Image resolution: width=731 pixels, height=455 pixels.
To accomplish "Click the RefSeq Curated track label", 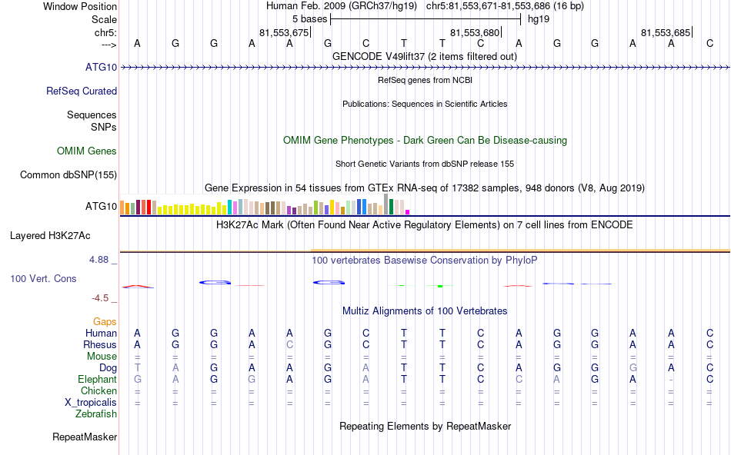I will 82,91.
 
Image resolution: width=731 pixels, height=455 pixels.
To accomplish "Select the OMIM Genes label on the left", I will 87,151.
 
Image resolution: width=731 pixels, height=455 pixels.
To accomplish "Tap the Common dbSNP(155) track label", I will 68,175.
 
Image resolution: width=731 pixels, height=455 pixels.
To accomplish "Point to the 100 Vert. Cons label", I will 43,278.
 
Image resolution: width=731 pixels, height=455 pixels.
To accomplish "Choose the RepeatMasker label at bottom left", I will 85,437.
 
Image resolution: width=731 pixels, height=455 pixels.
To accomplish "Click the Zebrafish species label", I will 96,414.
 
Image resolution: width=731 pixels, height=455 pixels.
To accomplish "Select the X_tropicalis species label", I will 91,403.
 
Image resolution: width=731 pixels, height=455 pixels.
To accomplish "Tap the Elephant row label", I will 97,380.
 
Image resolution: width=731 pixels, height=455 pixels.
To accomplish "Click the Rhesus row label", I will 100,345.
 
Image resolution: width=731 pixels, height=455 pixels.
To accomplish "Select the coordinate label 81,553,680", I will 475,33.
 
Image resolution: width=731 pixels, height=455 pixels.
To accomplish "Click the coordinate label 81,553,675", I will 284,33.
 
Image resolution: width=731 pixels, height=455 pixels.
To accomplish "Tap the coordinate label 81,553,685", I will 666,33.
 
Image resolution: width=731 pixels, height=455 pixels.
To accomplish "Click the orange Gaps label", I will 105,322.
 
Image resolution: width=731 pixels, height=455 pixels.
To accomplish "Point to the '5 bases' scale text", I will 309,18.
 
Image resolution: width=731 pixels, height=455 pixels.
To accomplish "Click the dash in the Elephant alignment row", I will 672,380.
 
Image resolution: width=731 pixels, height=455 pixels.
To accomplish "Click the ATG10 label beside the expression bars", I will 101,206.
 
